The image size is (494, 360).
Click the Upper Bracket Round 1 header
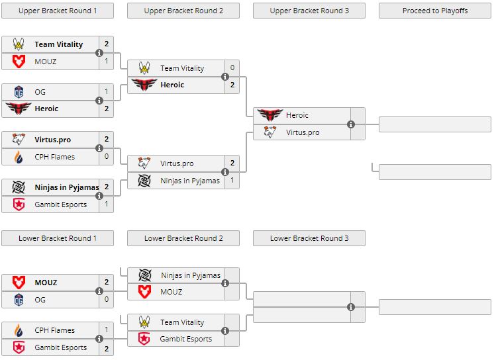point(58,11)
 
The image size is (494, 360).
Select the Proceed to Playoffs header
point(435,11)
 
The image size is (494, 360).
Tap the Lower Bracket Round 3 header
point(309,238)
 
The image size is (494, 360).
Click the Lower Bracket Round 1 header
point(58,238)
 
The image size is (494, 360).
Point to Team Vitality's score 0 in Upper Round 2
point(232,68)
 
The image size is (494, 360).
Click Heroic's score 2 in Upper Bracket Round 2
point(232,85)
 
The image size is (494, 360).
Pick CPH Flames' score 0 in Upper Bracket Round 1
point(106,157)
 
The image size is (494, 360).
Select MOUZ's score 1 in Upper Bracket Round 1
point(106,61)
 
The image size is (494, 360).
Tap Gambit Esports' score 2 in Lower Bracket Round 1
point(106,347)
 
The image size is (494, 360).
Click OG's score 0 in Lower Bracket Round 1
point(106,300)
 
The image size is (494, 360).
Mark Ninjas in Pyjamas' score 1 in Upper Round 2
point(232,181)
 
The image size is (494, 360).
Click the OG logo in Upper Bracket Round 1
point(19,92)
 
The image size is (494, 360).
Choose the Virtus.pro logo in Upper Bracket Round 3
point(270,132)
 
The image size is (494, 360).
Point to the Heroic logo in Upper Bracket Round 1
point(19,109)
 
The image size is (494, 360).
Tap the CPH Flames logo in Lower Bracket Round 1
point(19,330)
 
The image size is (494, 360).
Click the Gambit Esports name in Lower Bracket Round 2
point(185,339)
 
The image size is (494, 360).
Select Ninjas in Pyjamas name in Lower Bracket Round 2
point(191,275)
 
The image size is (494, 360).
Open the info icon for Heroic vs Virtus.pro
point(351,124)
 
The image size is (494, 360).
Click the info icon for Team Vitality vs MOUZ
point(99,53)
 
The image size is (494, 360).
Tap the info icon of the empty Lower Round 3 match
point(351,307)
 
